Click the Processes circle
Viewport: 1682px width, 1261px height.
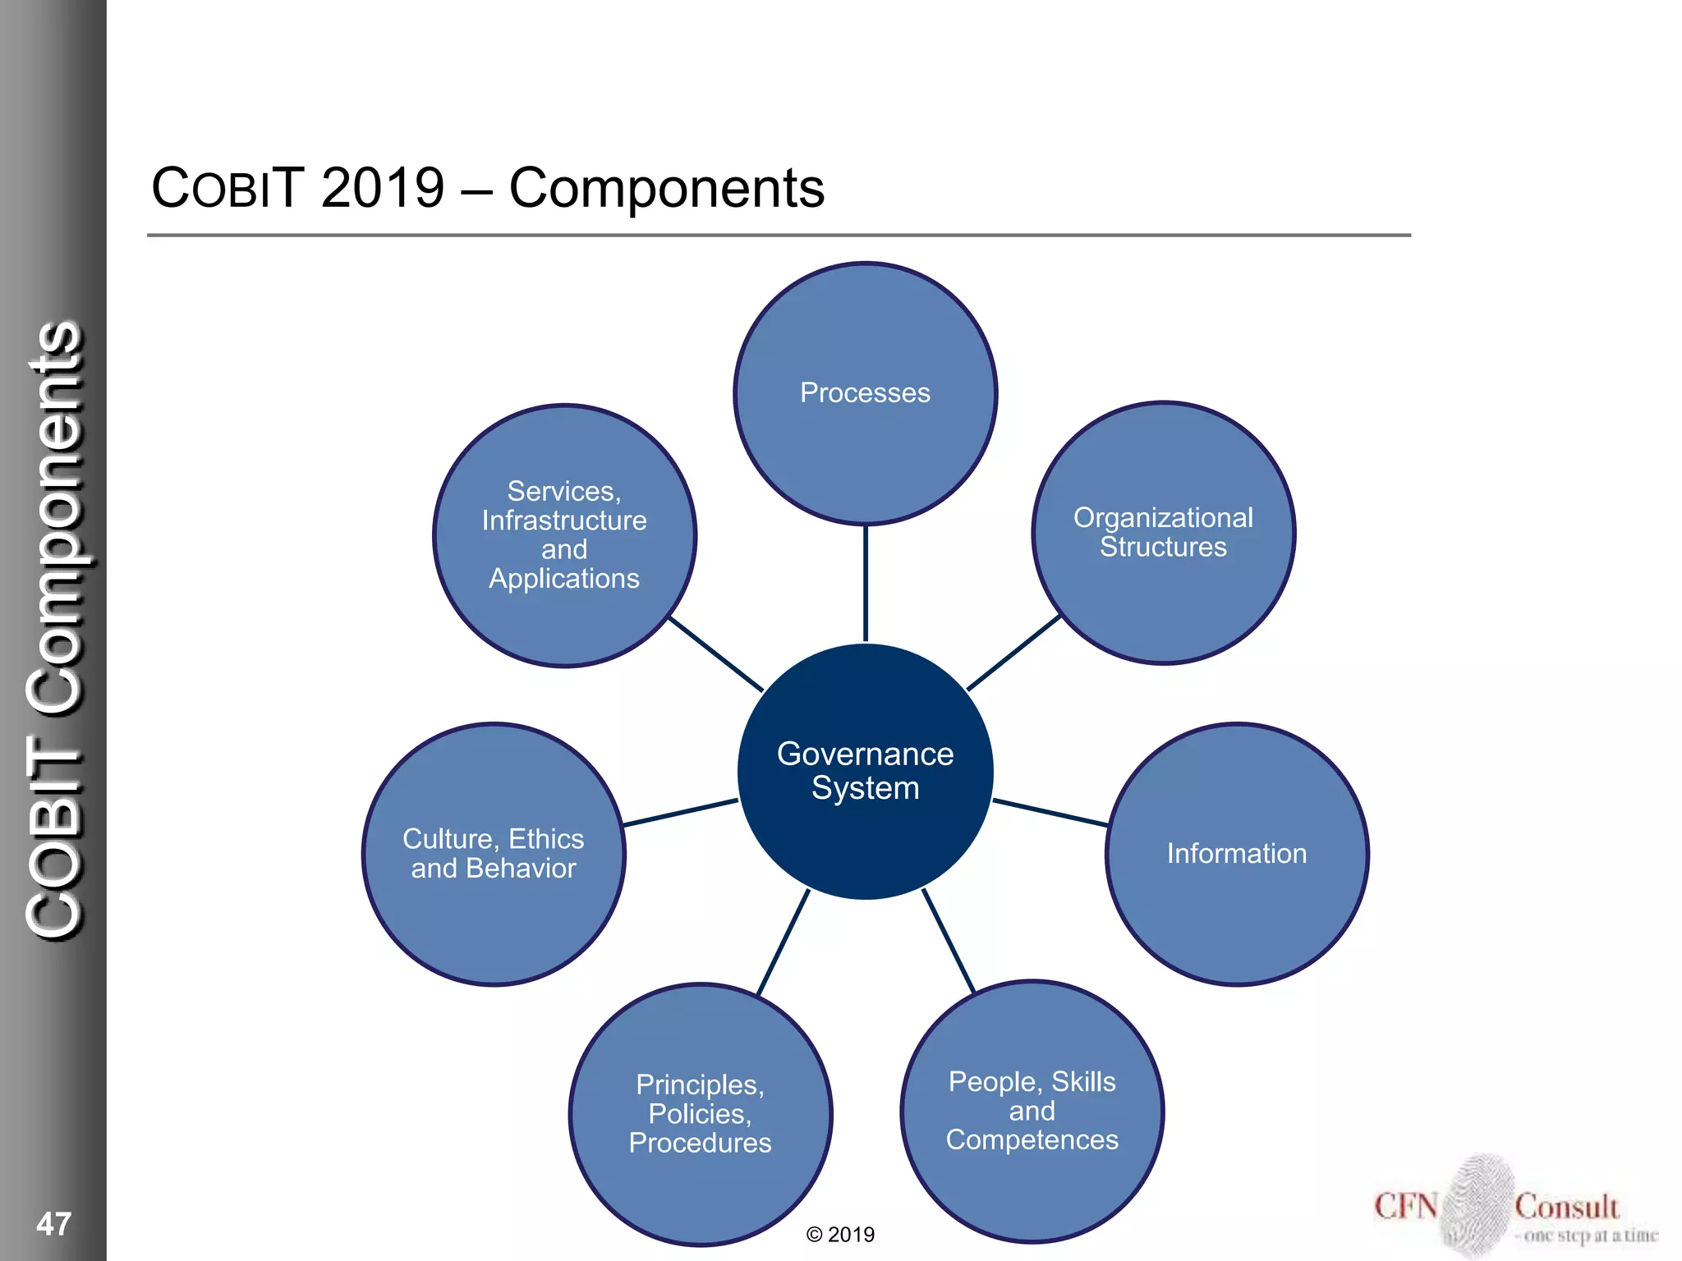click(x=865, y=393)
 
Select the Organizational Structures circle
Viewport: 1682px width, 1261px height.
click(x=1163, y=533)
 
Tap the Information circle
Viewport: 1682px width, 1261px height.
click(x=1237, y=854)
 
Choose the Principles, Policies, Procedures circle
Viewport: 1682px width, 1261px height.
click(x=701, y=1114)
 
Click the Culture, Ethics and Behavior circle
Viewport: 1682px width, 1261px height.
click(x=494, y=854)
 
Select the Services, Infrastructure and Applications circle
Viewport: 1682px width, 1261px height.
click(x=565, y=535)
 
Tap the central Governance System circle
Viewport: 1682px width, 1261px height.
click(x=865, y=771)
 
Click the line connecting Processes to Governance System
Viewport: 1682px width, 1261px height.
click(x=866, y=583)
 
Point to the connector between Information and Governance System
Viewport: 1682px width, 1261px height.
click(x=1050, y=812)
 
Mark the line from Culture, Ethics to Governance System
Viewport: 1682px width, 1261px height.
click(x=680, y=812)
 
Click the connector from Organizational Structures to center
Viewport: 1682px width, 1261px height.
click(x=1014, y=653)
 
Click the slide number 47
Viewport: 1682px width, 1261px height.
click(x=54, y=1223)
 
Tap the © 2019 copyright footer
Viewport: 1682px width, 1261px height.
click(x=840, y=1235)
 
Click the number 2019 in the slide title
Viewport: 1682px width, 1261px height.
click(x=383, y=188)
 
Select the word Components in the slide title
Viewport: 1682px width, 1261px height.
click(x=666, y=188)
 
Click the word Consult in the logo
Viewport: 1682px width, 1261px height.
click(x=1566, y=1207)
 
